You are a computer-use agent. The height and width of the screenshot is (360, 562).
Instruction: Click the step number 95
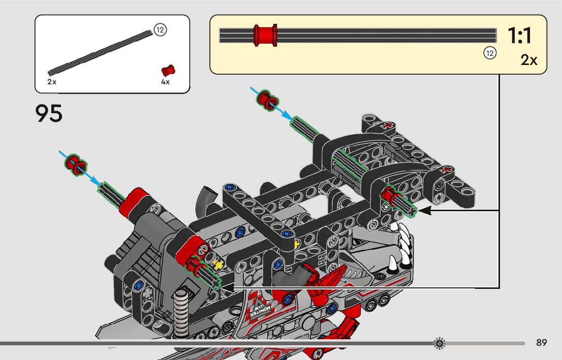coord(49,114)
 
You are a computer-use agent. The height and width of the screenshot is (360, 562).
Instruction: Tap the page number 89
coord(541,343)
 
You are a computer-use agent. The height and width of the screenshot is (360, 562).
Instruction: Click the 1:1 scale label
coord(519,36)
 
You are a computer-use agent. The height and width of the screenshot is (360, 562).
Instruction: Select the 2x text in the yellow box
coord(529,60)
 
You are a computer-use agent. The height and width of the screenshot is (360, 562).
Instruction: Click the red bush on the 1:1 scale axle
coord(265,36)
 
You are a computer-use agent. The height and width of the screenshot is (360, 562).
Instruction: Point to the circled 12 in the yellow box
coord(489,53)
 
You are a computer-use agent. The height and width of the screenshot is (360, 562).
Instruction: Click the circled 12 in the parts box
coord(160,30)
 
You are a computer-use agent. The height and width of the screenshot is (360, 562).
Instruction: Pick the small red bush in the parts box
coord(168,70)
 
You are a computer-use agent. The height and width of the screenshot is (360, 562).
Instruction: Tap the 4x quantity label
coord(165,82)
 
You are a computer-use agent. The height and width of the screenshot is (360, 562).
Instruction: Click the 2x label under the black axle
coord(52,82)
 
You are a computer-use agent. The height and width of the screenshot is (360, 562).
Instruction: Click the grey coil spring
coord(180,309)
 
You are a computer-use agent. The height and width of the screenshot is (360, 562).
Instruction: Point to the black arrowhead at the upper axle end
coord(423,210)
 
